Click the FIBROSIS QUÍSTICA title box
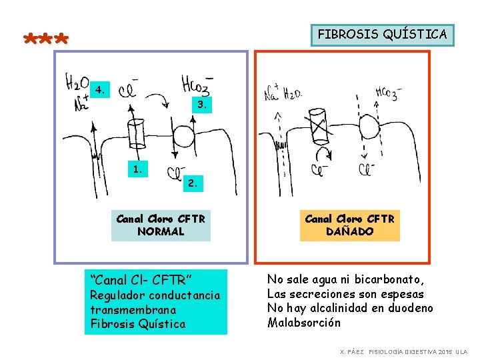(382, 35)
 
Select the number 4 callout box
(100, 89)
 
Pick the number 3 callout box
(202, 105)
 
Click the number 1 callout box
(137, 169)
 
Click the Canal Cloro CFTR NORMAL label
(161, 225)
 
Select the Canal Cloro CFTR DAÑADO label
(350, 225)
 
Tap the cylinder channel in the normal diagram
(137, 133)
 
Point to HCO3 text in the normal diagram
(197, 85)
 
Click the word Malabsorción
(304, 323)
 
